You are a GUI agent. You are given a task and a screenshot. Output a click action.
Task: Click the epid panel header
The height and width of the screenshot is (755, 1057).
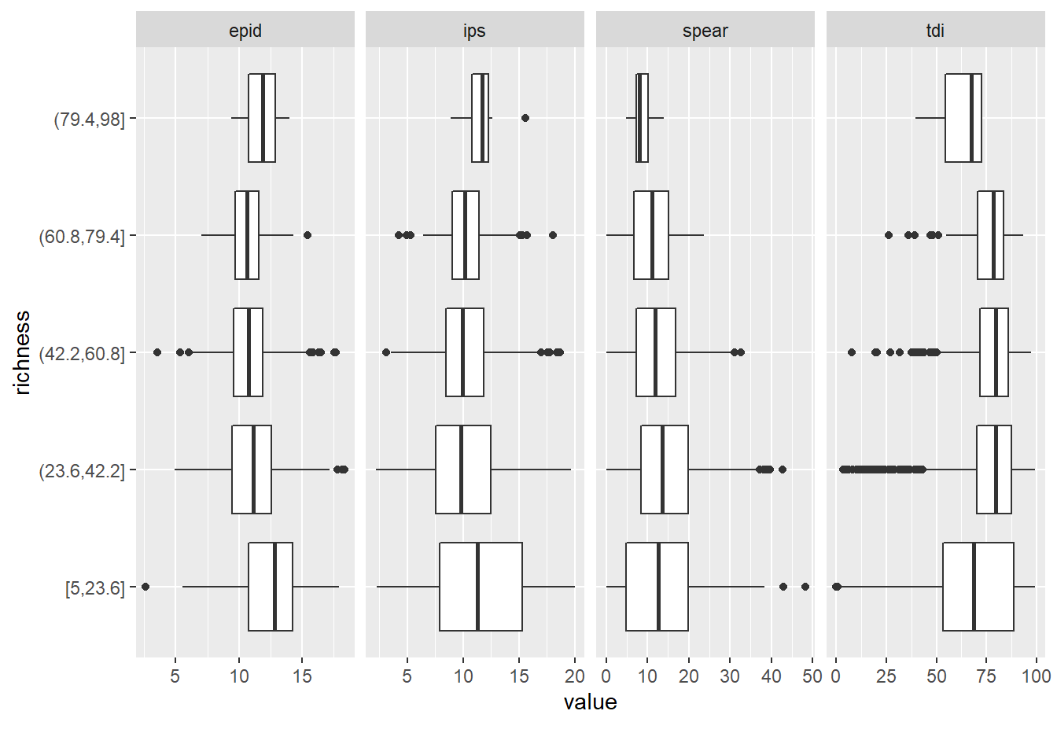[x=245, y=31]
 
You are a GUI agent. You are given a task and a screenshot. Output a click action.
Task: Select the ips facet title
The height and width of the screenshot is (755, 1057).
[x=474, y=31]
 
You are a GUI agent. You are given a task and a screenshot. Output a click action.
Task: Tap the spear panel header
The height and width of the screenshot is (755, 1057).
[x=705, y=31]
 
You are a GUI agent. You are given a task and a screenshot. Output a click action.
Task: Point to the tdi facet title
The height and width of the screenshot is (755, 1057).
[x=935, y=31]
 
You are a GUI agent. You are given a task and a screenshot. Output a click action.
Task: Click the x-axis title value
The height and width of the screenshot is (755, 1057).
[x=590, y=702]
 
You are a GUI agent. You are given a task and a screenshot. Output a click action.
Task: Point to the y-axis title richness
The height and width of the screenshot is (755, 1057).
[x=22, y=352]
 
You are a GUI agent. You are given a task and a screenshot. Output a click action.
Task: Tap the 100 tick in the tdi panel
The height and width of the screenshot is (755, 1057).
[x=1036, y=676]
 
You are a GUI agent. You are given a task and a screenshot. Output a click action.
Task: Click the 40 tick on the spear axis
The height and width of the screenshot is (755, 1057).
[x=772, y=676]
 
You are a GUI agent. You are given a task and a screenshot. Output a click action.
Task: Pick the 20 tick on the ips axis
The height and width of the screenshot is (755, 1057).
[x=575, y=676]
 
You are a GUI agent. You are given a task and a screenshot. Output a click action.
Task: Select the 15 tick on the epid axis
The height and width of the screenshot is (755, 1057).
[x=302, y=676]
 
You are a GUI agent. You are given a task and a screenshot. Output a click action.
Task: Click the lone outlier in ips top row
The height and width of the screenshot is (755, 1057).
[x=525, y=118]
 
